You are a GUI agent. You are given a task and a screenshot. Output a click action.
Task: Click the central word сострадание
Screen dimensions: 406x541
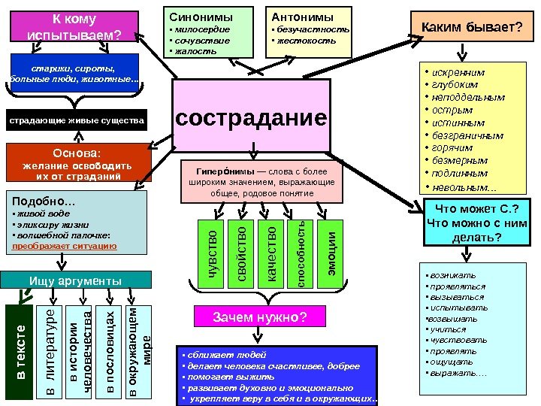251,119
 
